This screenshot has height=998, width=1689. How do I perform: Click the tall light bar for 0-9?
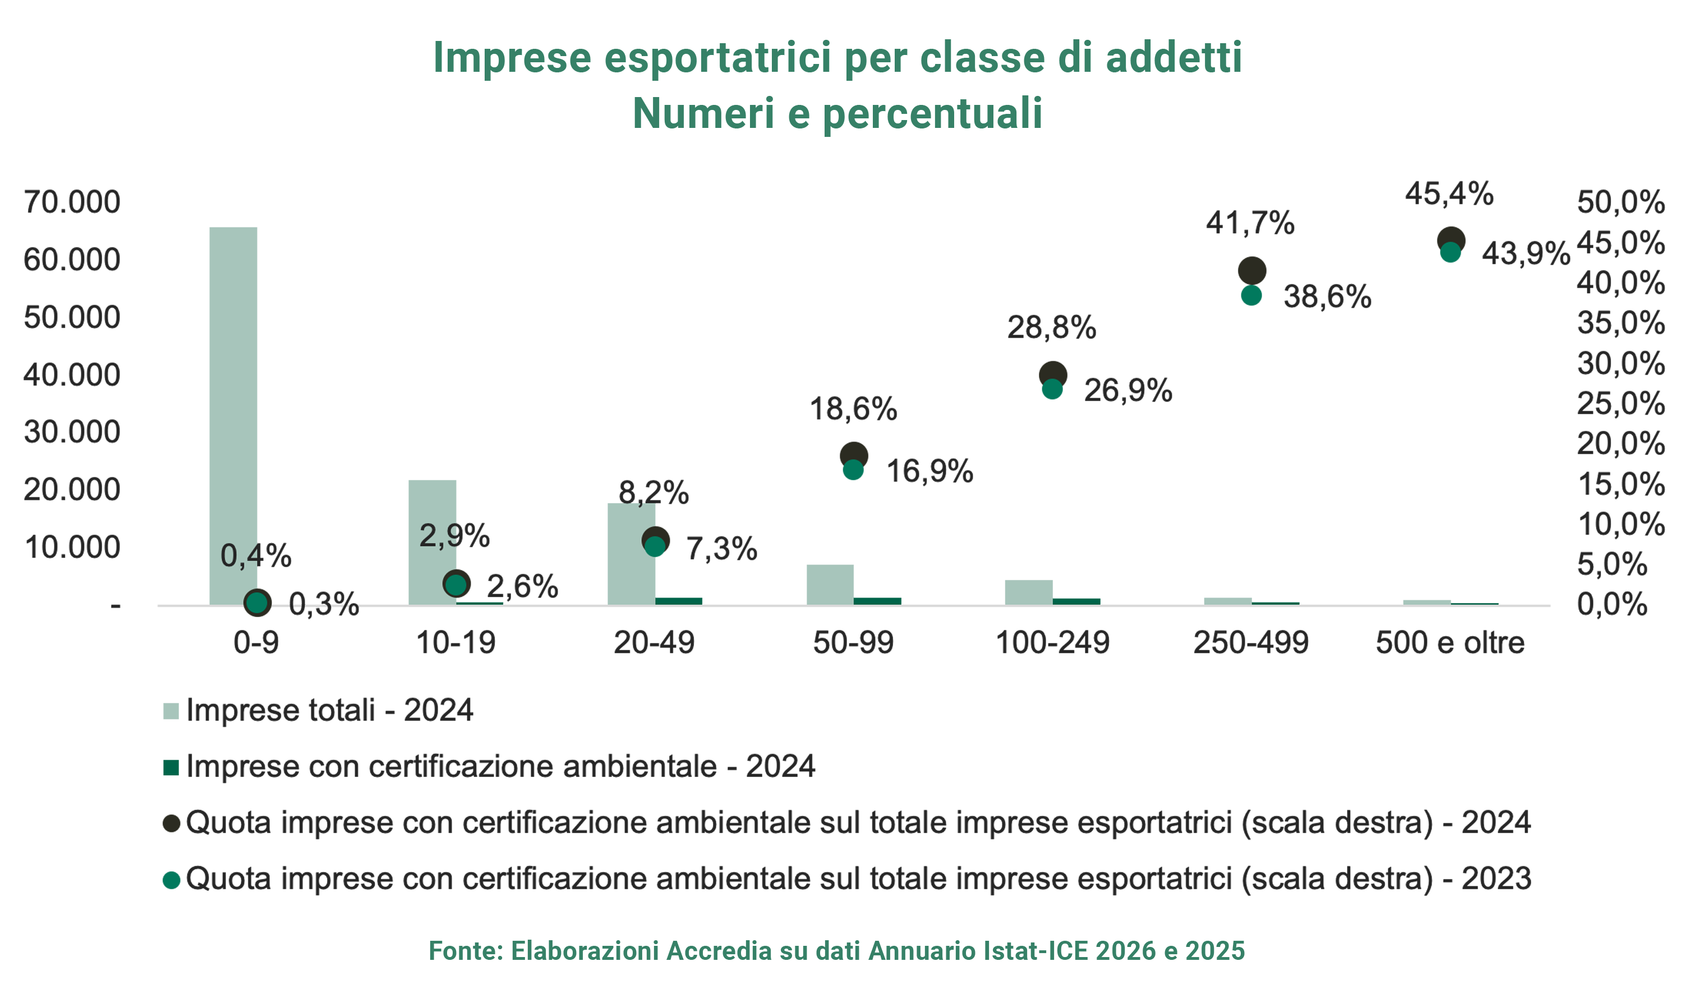tap(233, 416)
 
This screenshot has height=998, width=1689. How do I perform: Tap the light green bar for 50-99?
tap(830, 585)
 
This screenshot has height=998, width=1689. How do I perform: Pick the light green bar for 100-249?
tap(1029, 592)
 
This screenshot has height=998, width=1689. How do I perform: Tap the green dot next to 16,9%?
tap(853, 470)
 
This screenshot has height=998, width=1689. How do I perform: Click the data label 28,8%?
tap(1052, 328)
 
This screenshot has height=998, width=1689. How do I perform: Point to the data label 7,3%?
tap(721, 549)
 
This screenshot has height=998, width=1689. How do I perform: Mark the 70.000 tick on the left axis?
tap(72, 202)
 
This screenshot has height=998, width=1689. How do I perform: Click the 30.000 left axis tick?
tap(72, 432)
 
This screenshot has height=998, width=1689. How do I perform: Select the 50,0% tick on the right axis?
tap(1621, 202)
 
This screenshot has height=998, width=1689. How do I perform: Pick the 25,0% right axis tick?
tap(1621, 403)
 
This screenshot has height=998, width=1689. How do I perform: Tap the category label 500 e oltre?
tap(1450, 643)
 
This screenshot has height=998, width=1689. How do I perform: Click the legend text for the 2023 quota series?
tap(859, 879)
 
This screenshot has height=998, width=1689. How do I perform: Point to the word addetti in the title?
tap(1174, 57)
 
